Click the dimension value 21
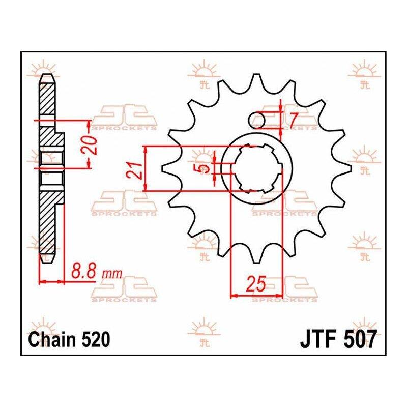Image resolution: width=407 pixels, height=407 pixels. [x=135, y=170]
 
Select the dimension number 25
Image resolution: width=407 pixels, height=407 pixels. [x=256, y=283]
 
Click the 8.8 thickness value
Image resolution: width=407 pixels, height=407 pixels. [x=83, y=271]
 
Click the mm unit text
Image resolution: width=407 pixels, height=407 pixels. [x=112, y=274]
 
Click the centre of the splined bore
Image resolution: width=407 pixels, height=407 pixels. [x=257, y=168]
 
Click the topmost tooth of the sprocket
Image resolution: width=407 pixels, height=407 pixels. [x=256, y=81]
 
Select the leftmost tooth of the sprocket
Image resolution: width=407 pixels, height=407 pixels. [x=169, y=168]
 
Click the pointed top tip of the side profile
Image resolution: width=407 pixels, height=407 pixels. [x=47, y=74]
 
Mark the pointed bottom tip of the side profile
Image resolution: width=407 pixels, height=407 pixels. [x=47, y=263]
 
